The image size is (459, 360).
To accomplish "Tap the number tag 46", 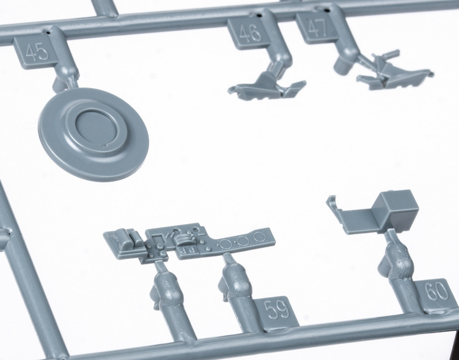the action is (x=249, y=32).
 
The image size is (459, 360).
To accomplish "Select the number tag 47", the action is (x=316, y=28).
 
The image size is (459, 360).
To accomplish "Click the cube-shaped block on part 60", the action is (x=396, y=211).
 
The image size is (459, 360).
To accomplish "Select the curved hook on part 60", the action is (x=332, y=202).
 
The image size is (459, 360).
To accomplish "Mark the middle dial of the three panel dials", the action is (x=242, y=241).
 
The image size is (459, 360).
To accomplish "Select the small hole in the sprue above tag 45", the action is (x=48, y=32).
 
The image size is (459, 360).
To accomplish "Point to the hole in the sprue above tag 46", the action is (x=259, y=14).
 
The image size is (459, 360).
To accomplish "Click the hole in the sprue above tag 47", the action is (x=327, y=11).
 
